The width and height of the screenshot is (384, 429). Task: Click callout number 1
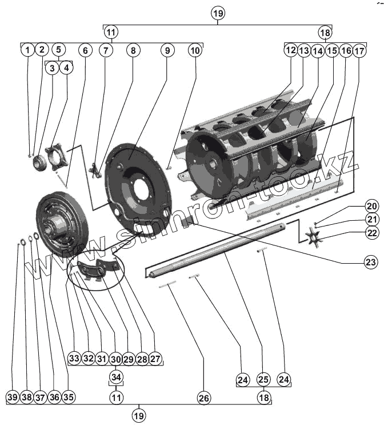point(27,50)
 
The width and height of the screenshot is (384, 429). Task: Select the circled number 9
point(167,50)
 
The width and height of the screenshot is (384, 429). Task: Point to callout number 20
point(371,207)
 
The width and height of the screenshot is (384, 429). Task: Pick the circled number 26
point(203,397)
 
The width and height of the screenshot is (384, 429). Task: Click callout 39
point(13,397)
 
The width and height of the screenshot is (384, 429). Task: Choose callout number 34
point(117,377)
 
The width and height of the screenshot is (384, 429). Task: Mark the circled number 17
point(359,50)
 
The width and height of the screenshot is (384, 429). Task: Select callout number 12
point(291,50)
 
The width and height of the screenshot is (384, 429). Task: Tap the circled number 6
point(85,50)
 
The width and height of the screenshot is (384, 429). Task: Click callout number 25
point(263,379)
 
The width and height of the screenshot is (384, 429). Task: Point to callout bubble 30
point(116,359)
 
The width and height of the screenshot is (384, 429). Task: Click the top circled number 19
point(218,13)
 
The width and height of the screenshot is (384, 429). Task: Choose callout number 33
point(74,359)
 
